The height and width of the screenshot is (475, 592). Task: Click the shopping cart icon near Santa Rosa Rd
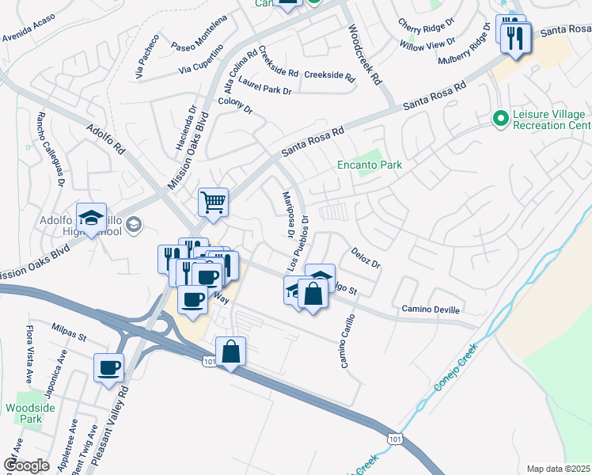coord(213,202)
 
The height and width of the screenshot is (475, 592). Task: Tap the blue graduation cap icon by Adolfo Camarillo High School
coord(91,218)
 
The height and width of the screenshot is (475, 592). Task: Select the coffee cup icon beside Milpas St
coord(108,367)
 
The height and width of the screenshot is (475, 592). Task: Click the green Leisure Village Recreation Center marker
coord(499,119)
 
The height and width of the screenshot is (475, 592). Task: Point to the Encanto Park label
coord(370,165)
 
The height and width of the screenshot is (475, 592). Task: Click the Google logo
coord(27,465)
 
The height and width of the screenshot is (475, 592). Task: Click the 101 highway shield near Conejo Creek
coord(394,437)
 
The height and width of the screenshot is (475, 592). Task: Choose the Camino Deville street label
coord(430,309)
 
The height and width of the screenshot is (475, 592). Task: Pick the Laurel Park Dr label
coord(264,86)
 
